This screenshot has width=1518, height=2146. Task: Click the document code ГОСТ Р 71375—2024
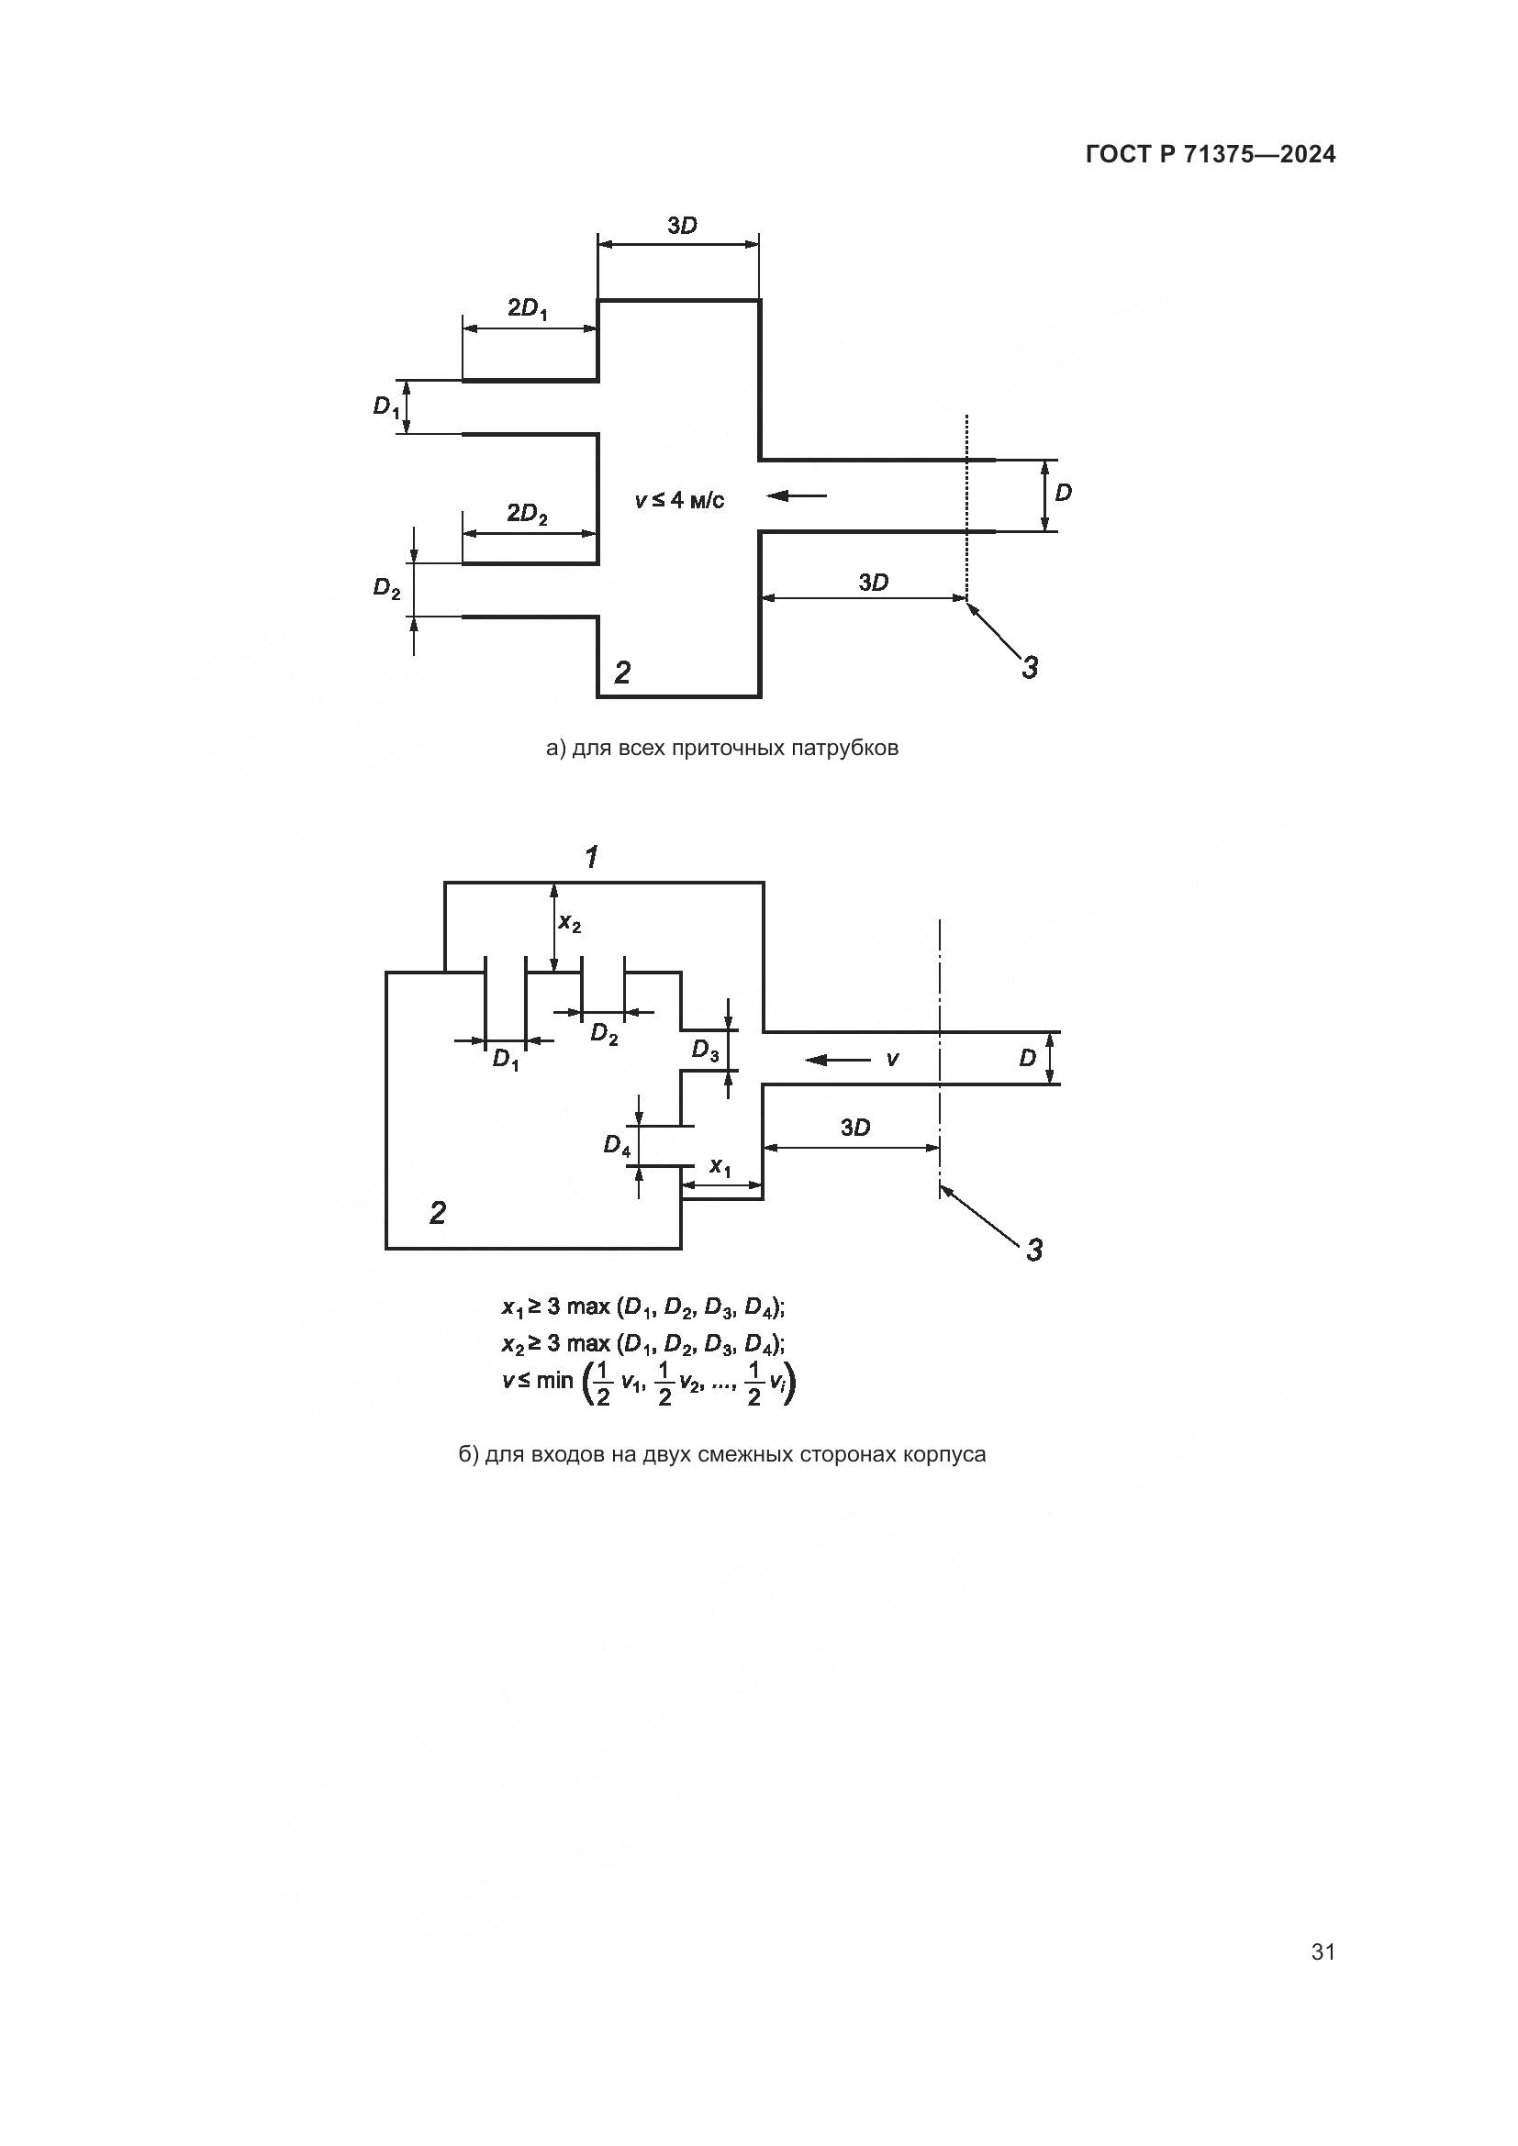tap(1211, 154)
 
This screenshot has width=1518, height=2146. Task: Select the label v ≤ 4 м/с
tap(679, 501)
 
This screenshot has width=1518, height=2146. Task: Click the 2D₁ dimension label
tap(528, 308)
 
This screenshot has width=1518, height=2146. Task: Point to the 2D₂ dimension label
tap(527, 514)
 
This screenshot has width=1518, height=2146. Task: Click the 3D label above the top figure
tap(682, 226)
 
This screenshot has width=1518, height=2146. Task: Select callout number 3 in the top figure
tap(1029, 667)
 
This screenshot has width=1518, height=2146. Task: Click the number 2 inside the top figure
tap(622, 671)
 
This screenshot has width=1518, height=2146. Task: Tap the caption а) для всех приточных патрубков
tap(721, 748)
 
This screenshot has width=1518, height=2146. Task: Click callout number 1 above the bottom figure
tap(592, 856)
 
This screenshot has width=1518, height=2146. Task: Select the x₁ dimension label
tap(720, 1166)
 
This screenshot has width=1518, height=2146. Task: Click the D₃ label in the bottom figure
tap(706, 1051)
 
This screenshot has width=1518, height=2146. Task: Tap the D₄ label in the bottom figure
tap(617, 1145)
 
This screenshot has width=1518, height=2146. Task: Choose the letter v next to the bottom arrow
tap(893, 1058)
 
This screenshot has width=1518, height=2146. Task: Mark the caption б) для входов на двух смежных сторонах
tap(721, 1454)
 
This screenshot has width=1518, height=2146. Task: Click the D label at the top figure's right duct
tap(1063, 493)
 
